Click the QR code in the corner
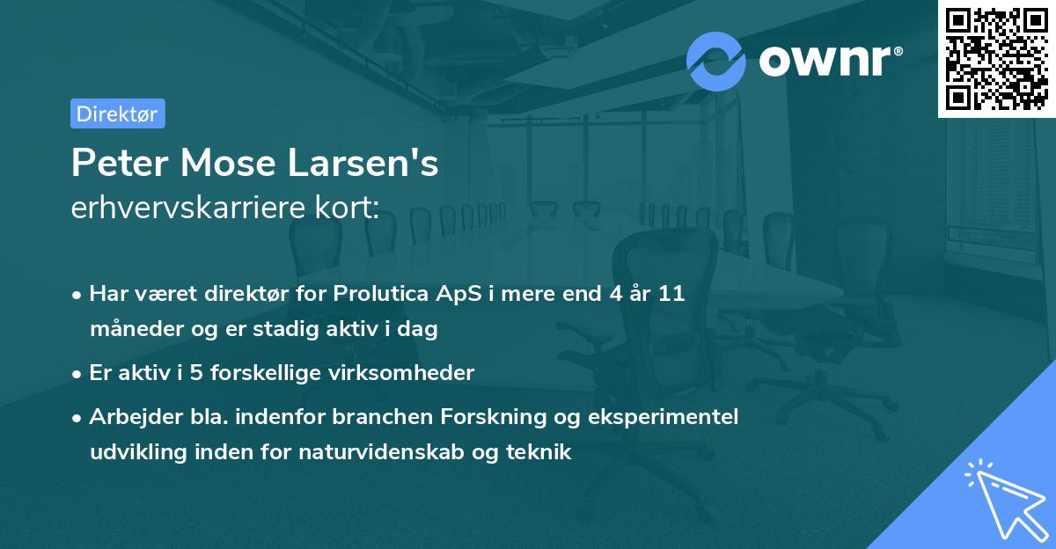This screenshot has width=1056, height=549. click(x=996, y=59)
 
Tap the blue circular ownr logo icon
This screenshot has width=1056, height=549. click(x=715, y=61)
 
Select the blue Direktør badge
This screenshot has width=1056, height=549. click(x=117, y=113)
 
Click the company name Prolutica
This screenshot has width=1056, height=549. click(x=377, y=294)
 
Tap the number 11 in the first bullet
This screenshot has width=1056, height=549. click(x=671, y=294)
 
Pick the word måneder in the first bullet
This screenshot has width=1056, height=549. click(x=132, y=330)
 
